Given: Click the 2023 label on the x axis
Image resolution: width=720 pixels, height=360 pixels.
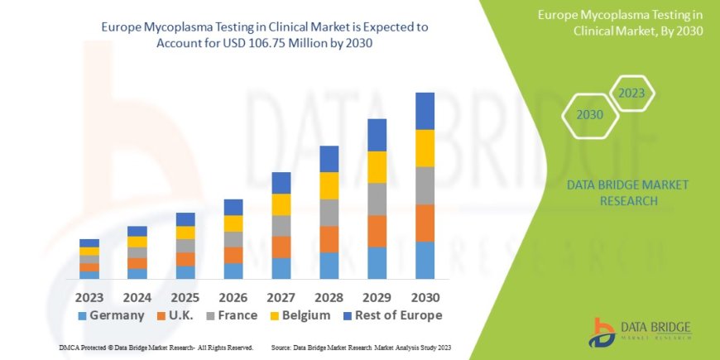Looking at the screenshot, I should [x=89, y=295].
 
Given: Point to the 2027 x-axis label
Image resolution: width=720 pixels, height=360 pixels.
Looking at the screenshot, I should [x=281, y=295].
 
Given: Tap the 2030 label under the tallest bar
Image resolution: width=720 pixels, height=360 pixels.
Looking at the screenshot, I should [x=425, y=295].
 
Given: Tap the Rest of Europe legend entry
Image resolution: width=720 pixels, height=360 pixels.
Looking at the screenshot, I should [x=393, y=315].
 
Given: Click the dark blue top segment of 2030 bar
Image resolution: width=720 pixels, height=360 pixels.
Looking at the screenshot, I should [x=425, y=111].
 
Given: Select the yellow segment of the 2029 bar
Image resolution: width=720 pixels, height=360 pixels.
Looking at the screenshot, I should [x=377, y=167].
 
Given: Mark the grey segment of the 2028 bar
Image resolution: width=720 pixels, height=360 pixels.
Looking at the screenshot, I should [x=329, y=213].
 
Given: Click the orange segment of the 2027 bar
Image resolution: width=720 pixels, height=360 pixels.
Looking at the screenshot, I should [x=281, y=247].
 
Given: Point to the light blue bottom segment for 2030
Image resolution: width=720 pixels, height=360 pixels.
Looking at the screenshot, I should [x=425, y=260].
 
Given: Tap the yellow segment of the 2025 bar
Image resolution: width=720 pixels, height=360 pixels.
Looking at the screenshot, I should [x=185, y=233].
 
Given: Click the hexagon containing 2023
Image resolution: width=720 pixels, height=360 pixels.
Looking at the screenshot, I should [x=632, y=94].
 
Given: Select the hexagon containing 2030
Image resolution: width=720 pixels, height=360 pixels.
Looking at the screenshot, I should [x=589, y=115].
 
